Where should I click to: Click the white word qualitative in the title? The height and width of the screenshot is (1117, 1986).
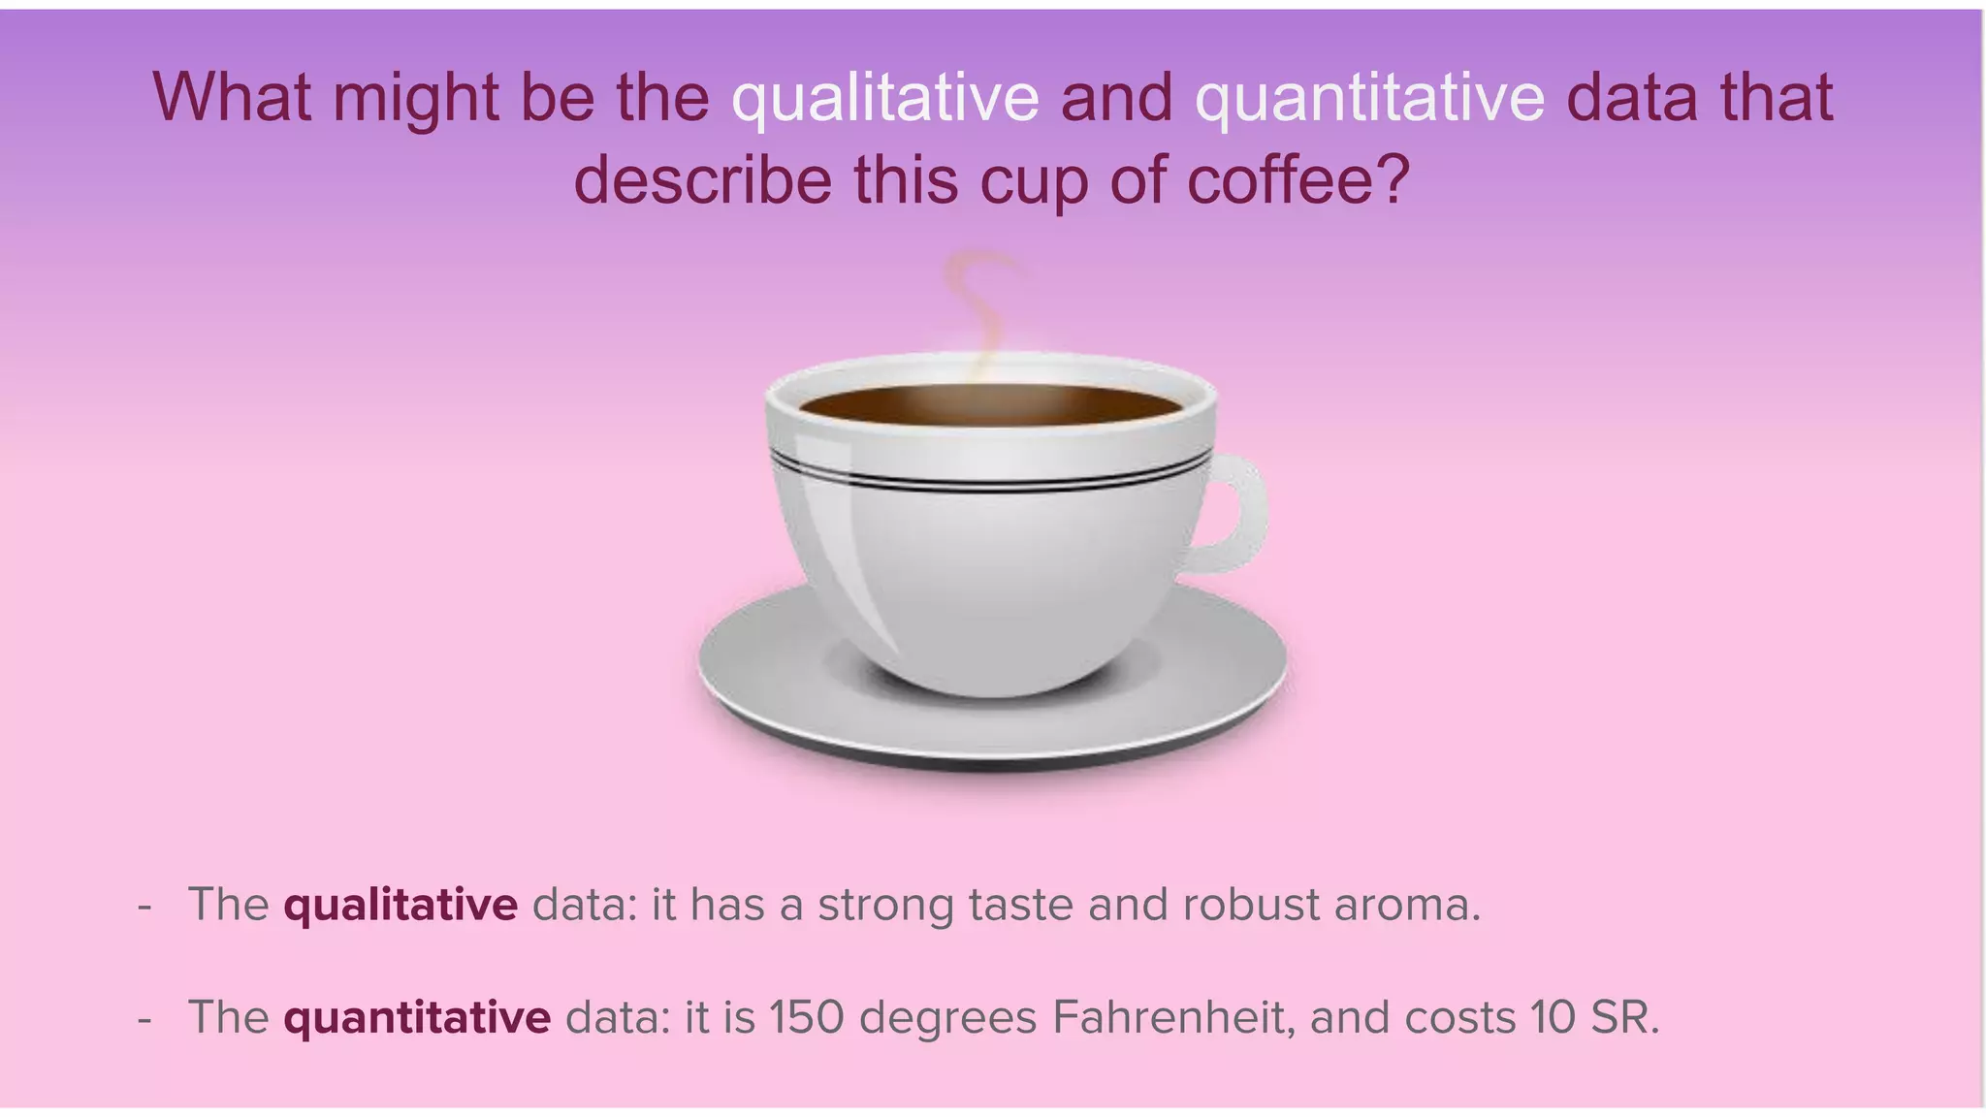(x=884, y=98)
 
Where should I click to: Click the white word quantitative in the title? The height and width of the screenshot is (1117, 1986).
(x=1369, y=98)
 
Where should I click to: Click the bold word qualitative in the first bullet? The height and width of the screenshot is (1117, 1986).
(x=400, y=905)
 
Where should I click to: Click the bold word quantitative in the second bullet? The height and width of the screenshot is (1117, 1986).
(x=417, y=1017)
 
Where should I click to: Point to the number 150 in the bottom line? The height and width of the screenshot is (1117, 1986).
(x=807, y=1017)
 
